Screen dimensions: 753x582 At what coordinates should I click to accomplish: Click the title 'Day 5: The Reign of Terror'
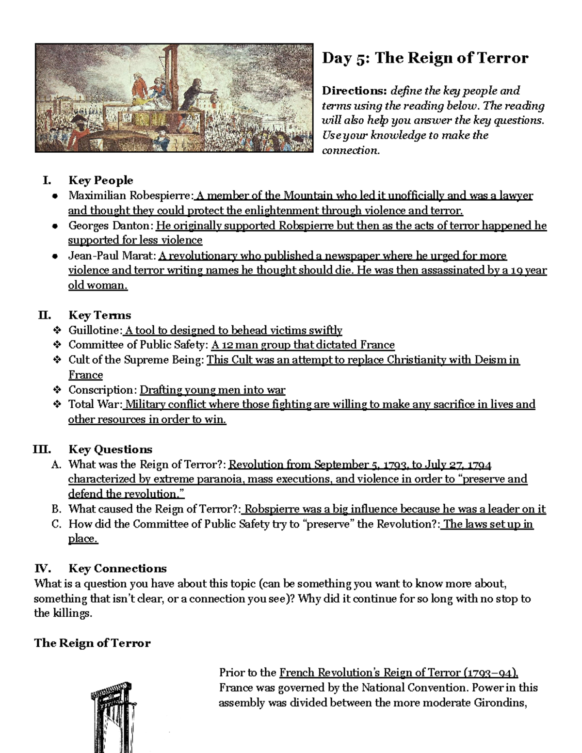point(425,58)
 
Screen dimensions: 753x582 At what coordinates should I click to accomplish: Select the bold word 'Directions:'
point(355,91)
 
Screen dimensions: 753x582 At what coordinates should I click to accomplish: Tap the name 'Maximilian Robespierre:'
point(130,195)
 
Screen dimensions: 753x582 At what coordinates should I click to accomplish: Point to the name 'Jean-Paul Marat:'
point(112,256)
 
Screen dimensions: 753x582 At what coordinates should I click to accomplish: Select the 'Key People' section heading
point(101,180)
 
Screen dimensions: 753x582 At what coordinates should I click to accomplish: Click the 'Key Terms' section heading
point(100,315)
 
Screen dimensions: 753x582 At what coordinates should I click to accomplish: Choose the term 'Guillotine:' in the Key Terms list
point(95,330)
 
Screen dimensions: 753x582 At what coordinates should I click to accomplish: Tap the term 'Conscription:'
point(103,390)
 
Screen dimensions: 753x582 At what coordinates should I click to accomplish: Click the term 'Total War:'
point(96,404)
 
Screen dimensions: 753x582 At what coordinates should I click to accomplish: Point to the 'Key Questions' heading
point(110,449)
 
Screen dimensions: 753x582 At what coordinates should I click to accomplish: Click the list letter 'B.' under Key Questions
point(57,509)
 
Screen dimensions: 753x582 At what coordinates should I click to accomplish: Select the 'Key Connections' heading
point(117,569)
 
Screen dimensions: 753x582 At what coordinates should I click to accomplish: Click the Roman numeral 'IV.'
point(43,569)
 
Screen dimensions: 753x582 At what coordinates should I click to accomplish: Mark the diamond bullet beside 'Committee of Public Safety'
point(57,345)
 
